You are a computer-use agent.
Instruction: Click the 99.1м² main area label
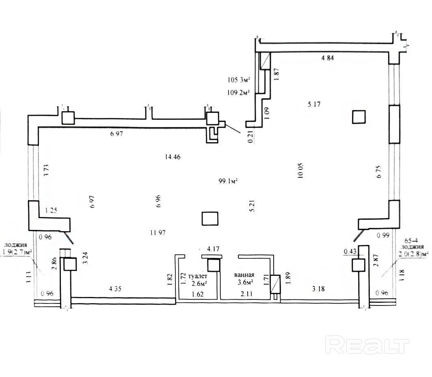[228, 182]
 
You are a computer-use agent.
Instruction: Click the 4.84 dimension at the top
[327, 58]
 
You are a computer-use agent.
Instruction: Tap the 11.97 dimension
[158, 233]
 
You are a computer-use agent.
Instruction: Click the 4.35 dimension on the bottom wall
[116, 290]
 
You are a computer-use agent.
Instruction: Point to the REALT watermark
[368, 345]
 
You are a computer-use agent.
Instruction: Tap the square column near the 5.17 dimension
[359, 117]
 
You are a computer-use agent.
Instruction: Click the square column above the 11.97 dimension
[210, 219]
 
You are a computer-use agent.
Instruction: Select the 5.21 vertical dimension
[252, 205]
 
